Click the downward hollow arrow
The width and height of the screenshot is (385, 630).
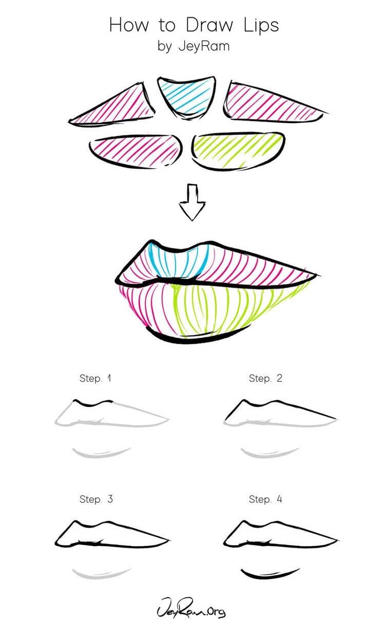191,202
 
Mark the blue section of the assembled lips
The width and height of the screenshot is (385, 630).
177,262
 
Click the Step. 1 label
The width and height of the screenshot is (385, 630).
95,379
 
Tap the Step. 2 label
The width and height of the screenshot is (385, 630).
265,379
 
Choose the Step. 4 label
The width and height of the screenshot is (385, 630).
265,499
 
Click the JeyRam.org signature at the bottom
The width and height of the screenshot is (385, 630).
192,611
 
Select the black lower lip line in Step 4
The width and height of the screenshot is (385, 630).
270,574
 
